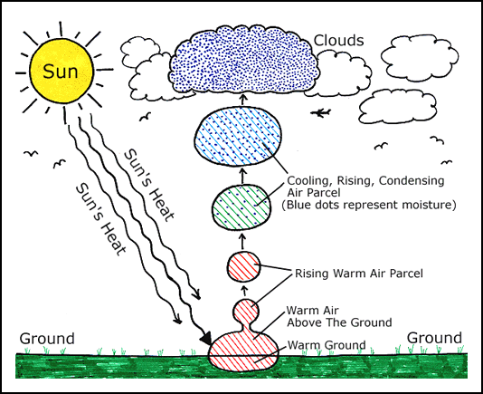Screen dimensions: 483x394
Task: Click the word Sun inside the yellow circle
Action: [61, 72]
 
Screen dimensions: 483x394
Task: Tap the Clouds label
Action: [338, 41]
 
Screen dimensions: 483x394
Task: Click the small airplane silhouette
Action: [321, 113]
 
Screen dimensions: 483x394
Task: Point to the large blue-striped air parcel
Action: [238, 136]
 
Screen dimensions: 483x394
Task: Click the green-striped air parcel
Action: [242, 207]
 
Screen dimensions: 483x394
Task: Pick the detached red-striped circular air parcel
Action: [243, 266]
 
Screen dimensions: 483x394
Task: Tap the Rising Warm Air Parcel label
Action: [359, 274]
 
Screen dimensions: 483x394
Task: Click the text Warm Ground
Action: [327, 345]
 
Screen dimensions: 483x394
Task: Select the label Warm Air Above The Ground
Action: [339, 316]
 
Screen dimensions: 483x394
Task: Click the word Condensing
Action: [412, 181]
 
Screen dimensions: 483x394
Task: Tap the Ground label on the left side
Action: [47, 339]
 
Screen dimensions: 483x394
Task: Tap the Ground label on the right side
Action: [434, 338]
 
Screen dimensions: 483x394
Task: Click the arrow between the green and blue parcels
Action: [243, 176]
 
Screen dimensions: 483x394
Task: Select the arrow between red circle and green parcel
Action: [242, 242]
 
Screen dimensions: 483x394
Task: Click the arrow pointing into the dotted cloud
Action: [243, 100]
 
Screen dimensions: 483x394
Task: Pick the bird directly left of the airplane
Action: [146, 116]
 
